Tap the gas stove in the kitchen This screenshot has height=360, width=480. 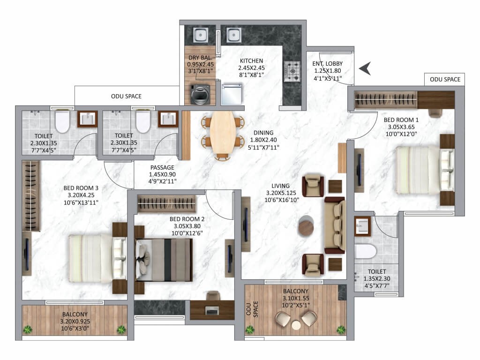[x=292, y=71]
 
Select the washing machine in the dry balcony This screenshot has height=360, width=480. [x=200, y=94]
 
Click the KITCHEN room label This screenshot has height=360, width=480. [x=251, y=60]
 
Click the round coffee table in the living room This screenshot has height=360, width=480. [x=306, y=226]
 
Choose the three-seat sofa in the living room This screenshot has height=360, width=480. [x=335, y=225]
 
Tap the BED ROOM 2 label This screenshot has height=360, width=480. [x=187, y=219]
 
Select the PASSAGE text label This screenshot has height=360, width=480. [x=162, y=167]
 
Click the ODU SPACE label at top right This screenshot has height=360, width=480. [x=445, y=80]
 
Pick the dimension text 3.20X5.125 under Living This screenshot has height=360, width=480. [x=281, y=193]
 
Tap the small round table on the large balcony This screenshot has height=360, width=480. [x=296, y=325]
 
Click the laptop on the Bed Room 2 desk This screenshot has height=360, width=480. [x=211, y=310]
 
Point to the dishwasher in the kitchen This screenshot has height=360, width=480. [x=232, y=93]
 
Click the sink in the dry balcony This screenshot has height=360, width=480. [x=201, y=35]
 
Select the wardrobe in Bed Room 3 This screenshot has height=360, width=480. [x=31, y=196]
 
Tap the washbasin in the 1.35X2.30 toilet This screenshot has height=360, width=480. [x=363, y=226]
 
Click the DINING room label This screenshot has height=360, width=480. [x=263, y=133]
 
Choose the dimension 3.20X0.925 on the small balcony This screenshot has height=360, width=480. [x=75, y=322]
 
